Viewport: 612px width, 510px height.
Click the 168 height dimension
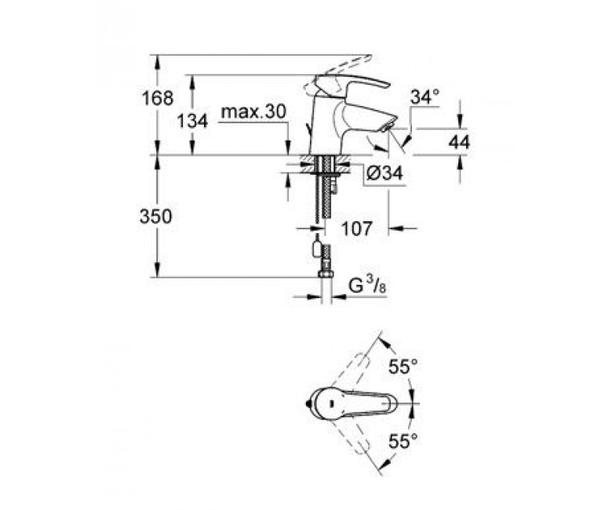point(157,98)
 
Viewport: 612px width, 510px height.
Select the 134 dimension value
point(192,121)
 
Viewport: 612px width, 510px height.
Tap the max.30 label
point(253,112)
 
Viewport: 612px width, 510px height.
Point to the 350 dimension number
point(155,217)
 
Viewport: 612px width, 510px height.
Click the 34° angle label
point(425,97)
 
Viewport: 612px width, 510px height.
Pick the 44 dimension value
point(459,143)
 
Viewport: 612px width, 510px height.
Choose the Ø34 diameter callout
point(384,173)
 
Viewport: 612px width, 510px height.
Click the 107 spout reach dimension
point(357,228)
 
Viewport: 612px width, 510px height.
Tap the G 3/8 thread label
point(367,286)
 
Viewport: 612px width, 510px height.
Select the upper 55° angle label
point(403,366)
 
